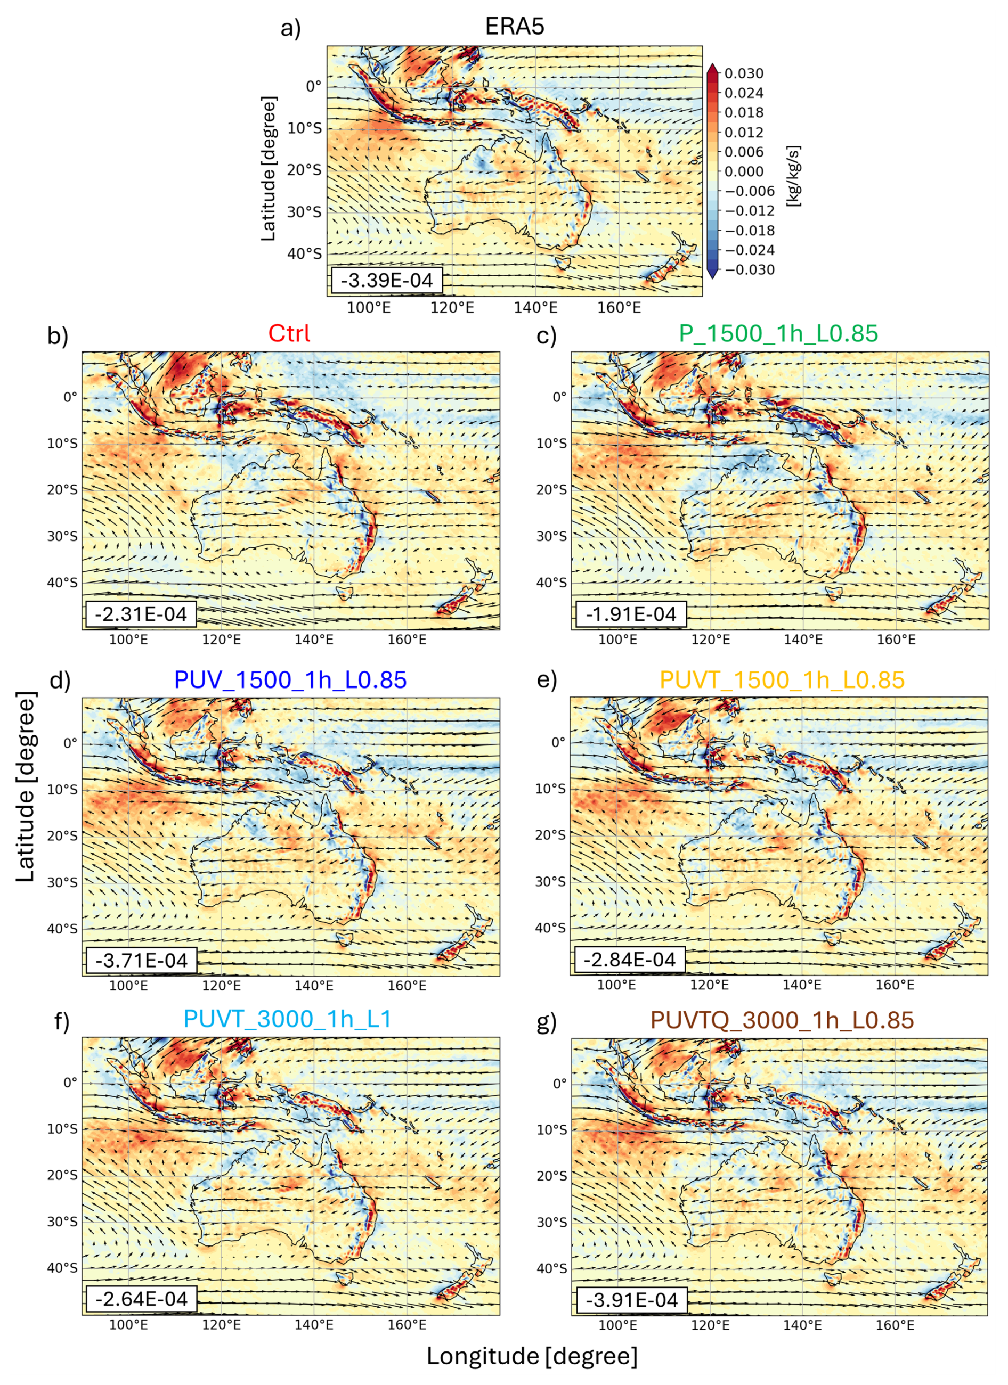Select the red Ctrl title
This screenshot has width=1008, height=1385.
point(289,333)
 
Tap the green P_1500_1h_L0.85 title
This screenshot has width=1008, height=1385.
point(778,333)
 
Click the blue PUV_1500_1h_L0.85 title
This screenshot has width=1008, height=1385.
point(290,679)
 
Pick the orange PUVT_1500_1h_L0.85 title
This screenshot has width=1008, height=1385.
point(782,679)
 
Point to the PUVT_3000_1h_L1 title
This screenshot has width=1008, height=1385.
point(287,1019)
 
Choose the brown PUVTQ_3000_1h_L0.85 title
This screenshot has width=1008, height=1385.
point(782,1020)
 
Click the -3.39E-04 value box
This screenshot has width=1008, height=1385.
point(387,280)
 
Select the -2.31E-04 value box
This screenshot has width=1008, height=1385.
point(141,614)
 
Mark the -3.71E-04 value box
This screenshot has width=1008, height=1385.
point(141,960)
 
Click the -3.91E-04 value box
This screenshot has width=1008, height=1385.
point(631,1299)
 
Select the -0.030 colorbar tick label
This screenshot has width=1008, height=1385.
point(749,270)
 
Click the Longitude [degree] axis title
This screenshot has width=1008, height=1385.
point(532,1356)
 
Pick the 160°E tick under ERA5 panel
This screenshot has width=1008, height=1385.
point(619,307)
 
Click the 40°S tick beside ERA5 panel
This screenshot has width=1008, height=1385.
point(304,253)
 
